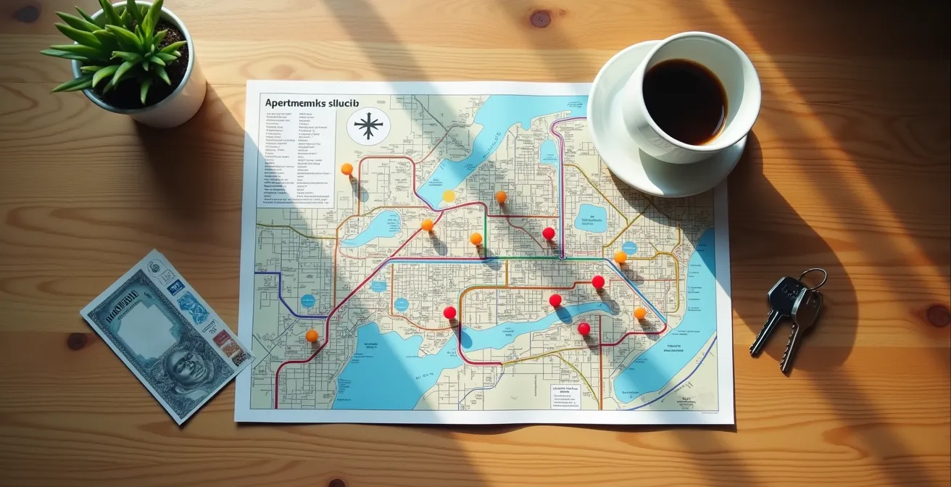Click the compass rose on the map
point(368,125)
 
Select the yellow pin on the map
point(449,196)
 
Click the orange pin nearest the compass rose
point(346,169)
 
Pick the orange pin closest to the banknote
point(312,335)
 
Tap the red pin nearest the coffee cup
point(549,233)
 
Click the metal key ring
point(813,278)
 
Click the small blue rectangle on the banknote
point(176,286)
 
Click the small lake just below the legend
point(374,228)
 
